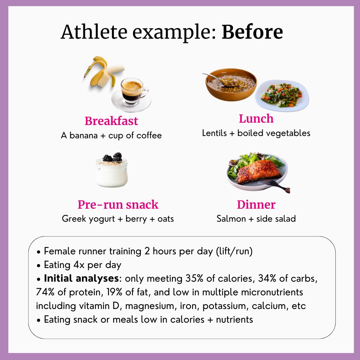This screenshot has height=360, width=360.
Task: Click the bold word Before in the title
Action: [252, 32]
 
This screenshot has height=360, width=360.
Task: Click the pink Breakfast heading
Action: [111, 121]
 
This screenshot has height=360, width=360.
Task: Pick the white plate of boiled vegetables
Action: [282, 96]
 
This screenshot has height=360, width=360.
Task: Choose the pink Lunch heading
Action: [256, 119]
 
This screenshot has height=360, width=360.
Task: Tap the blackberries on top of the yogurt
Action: [112, 157]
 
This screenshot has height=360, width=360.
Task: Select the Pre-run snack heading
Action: [118, 204]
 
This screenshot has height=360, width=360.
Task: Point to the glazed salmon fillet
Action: [259, 171]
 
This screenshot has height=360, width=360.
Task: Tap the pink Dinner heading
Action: [256, 204]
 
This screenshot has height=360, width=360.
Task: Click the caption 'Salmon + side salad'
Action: [256, 219]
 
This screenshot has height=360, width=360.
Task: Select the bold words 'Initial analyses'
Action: [81, 278]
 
